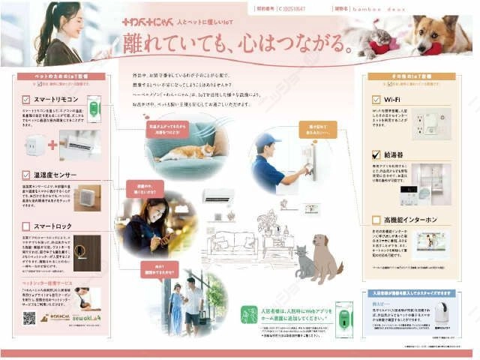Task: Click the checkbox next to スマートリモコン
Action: point(25,98)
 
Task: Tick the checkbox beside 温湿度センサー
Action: point(25,174)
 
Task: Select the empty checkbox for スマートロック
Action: point(25,225)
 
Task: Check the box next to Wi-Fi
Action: point(376,98)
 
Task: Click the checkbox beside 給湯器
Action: point(376,154)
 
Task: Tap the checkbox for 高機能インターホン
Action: point(376,220)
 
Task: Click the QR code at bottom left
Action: point(28,318)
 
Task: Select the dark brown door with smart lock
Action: point(86,253)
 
